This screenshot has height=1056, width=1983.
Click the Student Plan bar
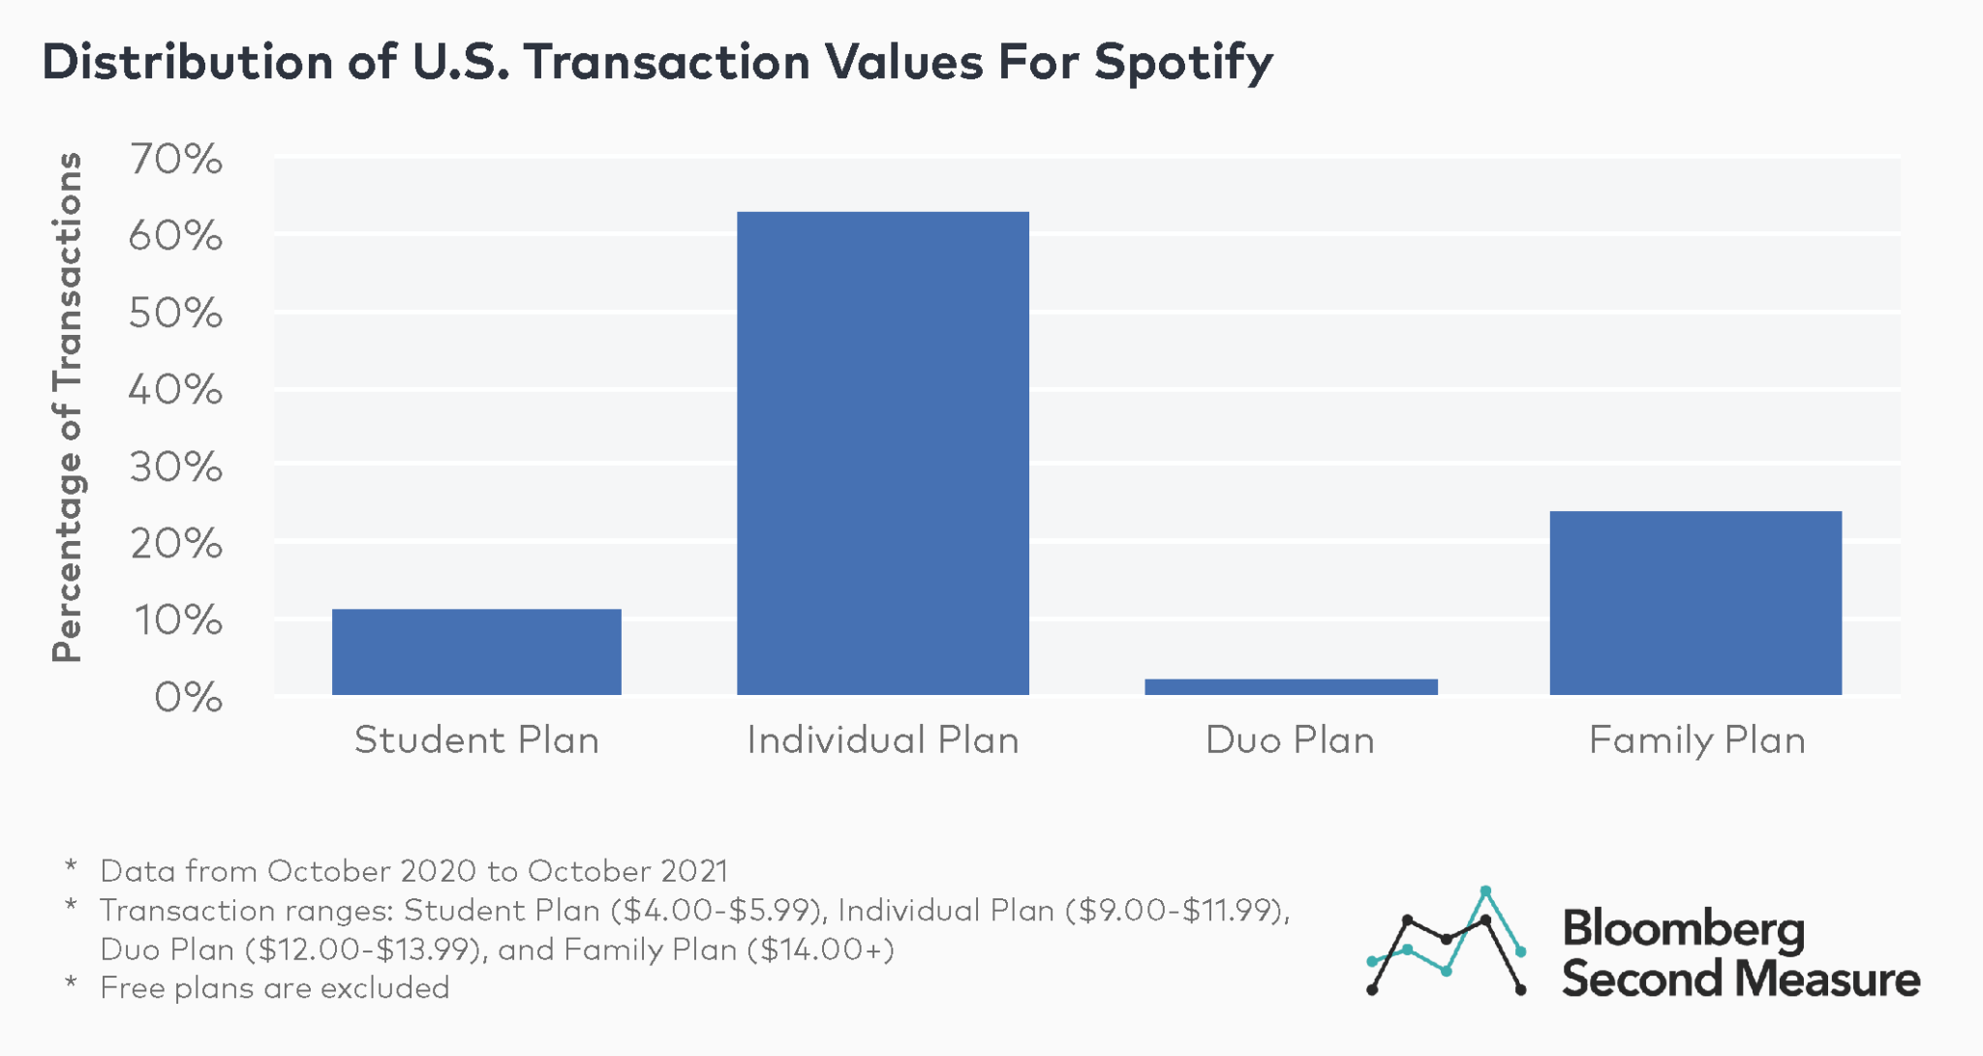tap(476, 651)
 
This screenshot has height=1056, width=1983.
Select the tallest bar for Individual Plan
tap(882, 453)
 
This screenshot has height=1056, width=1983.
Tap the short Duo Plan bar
tap(1291, 686)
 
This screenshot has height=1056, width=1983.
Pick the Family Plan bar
tap(1695, 602)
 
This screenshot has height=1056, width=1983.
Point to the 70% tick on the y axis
tap(175, 160)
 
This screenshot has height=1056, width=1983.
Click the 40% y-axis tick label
tap(175, 390)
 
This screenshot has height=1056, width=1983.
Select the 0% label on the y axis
tap(188, 697)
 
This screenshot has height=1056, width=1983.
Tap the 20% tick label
tap(175, 544)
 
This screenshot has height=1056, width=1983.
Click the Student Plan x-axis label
tap(476, 740)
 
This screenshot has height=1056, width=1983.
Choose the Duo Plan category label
tap(1290, 740)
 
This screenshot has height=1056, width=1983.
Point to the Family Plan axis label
tap(1696, 740)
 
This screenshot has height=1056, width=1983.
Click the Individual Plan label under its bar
tap(882, 740)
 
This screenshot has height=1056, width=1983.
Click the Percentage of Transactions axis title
tap(67, 407)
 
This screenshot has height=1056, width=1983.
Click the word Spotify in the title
tap(1183, 63)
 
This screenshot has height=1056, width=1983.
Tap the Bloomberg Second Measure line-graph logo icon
tap(1447, 941)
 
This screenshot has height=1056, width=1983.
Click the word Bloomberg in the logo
tap(1683, 928)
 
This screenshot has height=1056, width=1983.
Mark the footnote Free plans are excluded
tap(274, 988)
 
